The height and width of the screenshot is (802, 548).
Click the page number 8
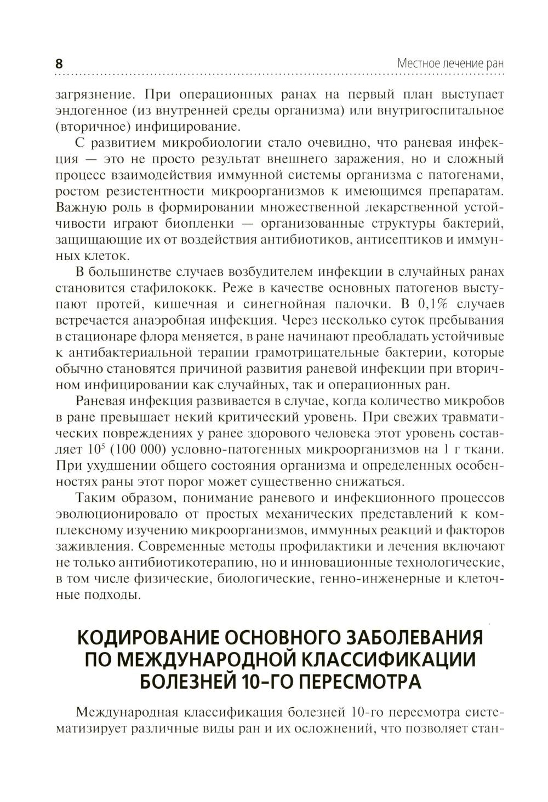point(59,63)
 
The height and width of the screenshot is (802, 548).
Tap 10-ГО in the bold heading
point(261,682)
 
